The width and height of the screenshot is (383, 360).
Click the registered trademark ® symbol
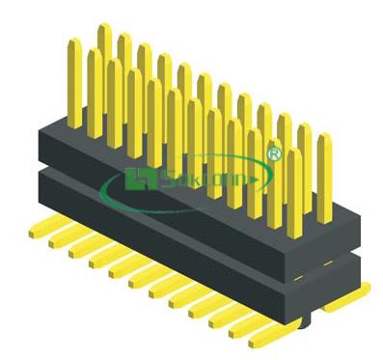(273, 153)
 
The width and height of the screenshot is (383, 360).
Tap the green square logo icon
(134, 179)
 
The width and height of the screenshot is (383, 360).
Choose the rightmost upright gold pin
(323, 169)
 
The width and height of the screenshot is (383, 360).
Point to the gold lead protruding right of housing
(363, 286)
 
